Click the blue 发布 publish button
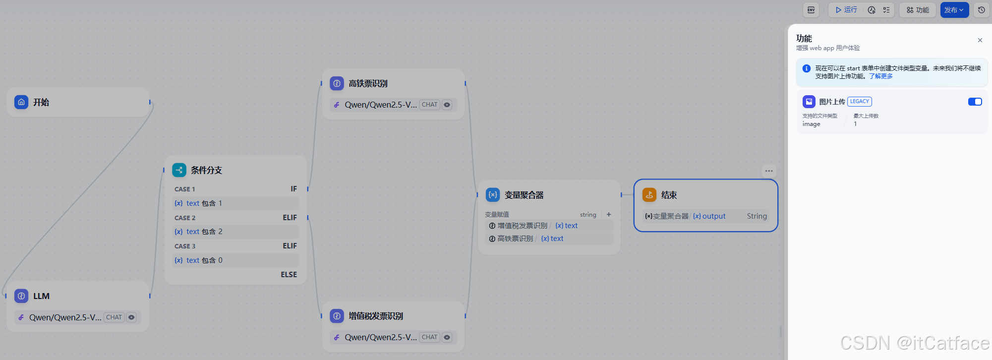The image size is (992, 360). coord(953,10)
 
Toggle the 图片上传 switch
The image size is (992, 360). coord(975,102)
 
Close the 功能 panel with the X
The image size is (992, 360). coord(980,40)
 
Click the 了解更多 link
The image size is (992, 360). coord(880,76)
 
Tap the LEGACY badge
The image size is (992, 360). coord(859,102)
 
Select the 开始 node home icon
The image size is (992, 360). coord(21,102)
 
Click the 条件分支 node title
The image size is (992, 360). coord(206,170)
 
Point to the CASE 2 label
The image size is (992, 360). coord(185,218)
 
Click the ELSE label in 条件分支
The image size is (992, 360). coord(289,275)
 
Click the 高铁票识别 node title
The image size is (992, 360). coord(368,84)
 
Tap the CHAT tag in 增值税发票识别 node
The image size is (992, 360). coord(429,337)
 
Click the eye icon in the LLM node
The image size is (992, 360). coord(131,317)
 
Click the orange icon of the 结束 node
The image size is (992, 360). coord(649,195)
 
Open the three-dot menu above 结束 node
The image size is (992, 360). coord(768,171)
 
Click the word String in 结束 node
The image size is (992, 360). coord(757,216)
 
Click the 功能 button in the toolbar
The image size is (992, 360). coord(918,10)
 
